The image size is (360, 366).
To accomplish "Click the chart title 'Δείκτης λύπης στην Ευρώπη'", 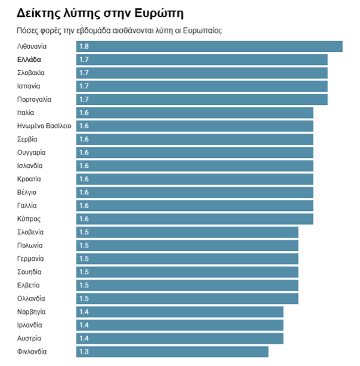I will [x=100, y=13].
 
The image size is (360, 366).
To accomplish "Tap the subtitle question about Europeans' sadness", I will [x=120, y=30].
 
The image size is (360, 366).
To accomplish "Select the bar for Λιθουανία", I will [x=209, y=46].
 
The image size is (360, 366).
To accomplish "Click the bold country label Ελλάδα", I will [x=29, y=60].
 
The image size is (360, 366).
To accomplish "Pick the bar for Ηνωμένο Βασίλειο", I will [x=194, y=126].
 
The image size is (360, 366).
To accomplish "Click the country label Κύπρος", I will [x=29, y=219].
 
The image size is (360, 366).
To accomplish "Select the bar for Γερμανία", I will [x=187, y=259].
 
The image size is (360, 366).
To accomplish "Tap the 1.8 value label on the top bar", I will [x=83, y=46].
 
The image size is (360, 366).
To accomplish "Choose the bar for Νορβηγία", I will [x=179, y=312].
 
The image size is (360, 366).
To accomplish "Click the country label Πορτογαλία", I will [x=35, y=100].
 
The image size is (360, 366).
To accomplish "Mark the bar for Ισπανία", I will [x=201, y=86].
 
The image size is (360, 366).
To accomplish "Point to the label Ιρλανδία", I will [x=30, y=325].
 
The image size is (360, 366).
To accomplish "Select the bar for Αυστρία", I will [x=179, y=339].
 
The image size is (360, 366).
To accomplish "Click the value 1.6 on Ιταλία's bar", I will [x=83, y=113].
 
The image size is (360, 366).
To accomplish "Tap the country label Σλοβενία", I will [x=31, y=232].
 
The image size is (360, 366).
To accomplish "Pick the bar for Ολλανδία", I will [x=187, y=299].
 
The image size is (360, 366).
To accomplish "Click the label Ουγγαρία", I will [x=32, y=153].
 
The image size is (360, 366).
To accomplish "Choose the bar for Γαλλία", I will [x=194, y=206].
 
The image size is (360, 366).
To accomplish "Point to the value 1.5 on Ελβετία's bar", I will [x=83, y=286].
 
